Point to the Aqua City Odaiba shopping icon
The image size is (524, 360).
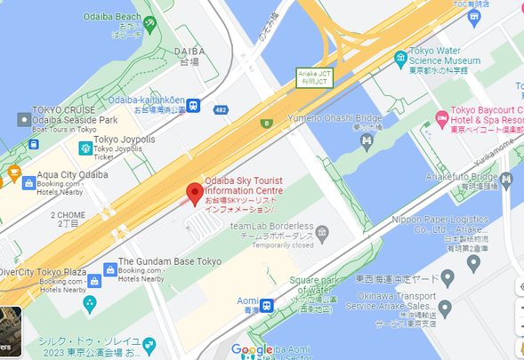[x=28, y=182]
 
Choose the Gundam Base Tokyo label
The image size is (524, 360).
[x=169, y=262]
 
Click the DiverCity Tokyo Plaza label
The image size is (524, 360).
[x=44, y=272]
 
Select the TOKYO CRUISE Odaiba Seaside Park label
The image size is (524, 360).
[x=80, y=116]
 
